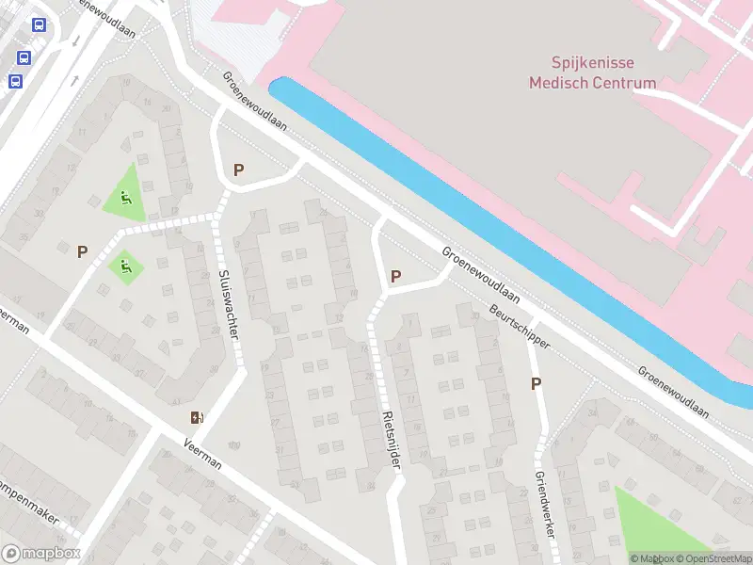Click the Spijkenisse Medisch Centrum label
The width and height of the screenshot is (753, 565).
tap(592, 73)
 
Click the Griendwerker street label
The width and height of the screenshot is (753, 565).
tap(542, 504)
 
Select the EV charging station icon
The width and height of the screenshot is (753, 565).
tap(197, 417)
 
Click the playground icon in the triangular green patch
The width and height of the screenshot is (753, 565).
tap(126, 198)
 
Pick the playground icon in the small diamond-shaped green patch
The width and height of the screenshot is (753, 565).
tap(124, 266)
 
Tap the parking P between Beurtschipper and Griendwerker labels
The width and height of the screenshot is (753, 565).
tap(537, 383)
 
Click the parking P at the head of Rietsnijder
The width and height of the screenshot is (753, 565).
tap(395, 277)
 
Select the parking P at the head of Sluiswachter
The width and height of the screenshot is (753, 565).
tap(238, 170)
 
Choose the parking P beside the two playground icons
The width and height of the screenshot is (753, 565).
tap(83, 251)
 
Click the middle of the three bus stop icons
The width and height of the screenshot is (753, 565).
tap(24, 57)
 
